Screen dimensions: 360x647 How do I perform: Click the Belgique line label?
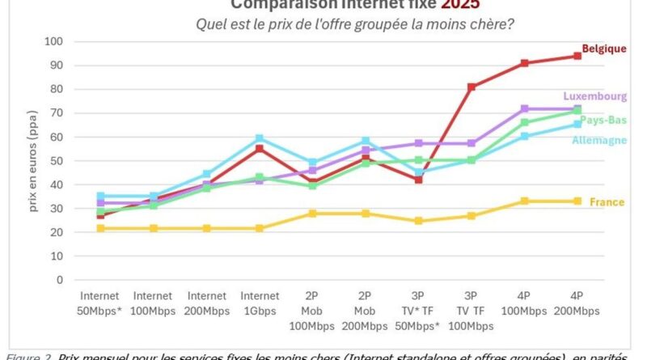[604, 49]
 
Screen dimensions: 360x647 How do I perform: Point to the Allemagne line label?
[599, 140]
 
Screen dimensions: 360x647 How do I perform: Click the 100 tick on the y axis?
[54, 41]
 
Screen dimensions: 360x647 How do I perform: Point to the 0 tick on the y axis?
[60, 280]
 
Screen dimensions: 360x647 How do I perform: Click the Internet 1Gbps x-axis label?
[260, 303]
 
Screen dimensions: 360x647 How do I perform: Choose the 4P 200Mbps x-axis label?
[577, 303]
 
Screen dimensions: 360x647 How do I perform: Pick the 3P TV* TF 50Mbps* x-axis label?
[418, 311]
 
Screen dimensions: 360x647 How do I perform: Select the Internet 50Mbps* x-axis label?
[101, 303]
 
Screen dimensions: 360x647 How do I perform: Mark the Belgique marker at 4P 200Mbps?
[577, 56]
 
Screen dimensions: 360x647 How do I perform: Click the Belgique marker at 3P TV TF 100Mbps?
[472, 87]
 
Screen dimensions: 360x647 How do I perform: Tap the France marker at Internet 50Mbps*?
[100, 228]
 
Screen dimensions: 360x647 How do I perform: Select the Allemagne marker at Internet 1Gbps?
[260, 138]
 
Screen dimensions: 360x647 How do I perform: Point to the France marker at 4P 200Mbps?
[577, 201]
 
